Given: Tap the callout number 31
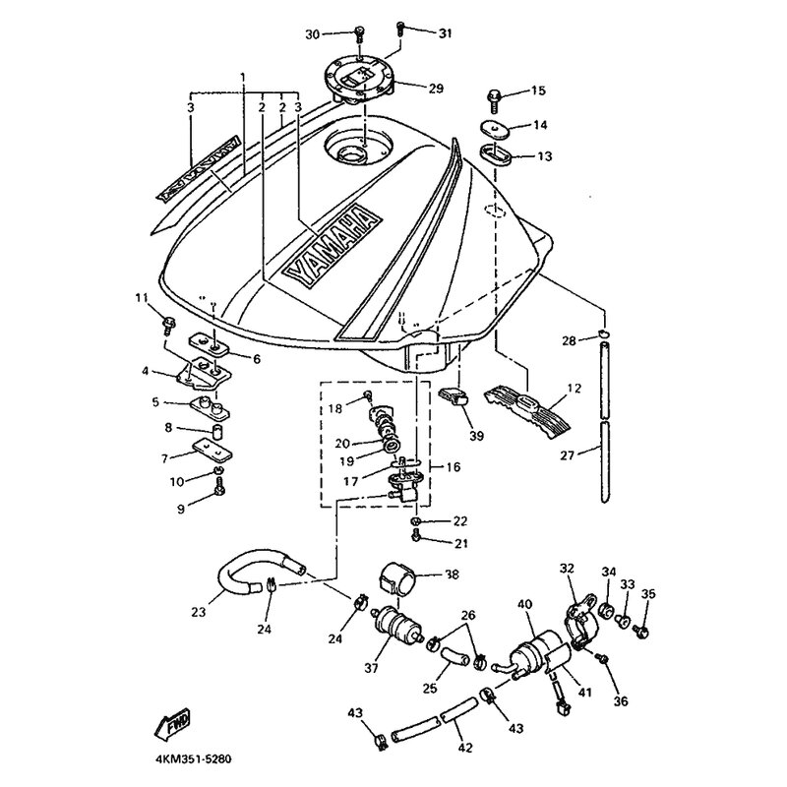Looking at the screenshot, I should (x=445, y=32).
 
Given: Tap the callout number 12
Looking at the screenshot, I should (x=575, y=389).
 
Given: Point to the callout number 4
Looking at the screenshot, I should (x=146, y=371).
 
